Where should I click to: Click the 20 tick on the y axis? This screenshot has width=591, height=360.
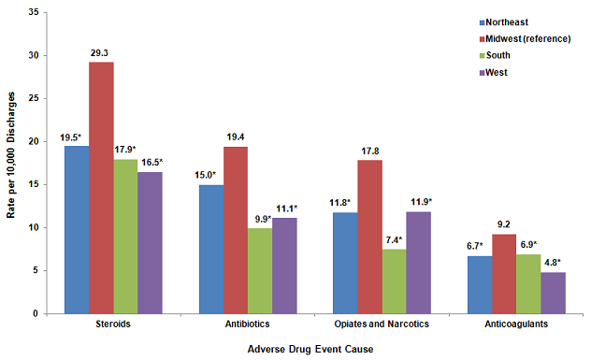(x=33, y=141)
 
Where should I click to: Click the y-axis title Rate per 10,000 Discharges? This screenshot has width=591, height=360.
(x=10, y=162)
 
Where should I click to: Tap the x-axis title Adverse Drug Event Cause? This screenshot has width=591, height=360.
(x=310, y=349)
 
